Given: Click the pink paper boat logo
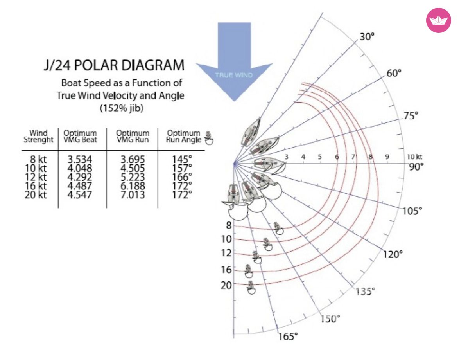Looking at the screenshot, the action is tap(438, 20).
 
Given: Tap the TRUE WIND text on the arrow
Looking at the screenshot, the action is tap(233, 75).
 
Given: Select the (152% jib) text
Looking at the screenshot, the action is tap(122, 108).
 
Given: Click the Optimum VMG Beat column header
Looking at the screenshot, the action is tap(80, 137).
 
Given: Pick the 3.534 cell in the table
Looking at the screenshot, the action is tap(80, 159).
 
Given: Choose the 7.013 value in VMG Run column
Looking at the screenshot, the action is tap(133, 194).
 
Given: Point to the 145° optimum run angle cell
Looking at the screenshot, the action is tap(182, 159).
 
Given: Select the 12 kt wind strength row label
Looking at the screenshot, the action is tap(36, 177).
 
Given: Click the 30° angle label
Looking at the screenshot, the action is tap(367, 37).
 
